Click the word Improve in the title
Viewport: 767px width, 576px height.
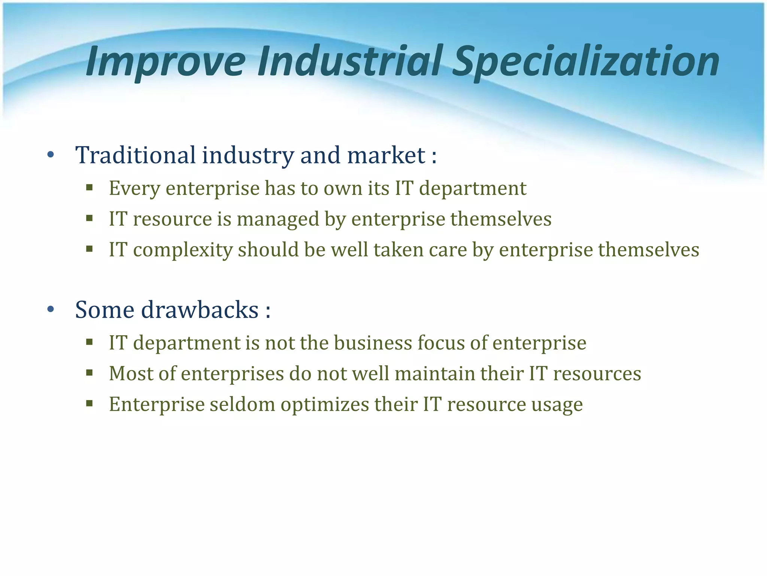tap(165, 61)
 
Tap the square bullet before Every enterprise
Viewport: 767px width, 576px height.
tap(89, 187)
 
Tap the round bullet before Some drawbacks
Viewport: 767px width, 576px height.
tap(51, 309)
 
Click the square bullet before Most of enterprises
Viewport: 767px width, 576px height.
tap(89, 373)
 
